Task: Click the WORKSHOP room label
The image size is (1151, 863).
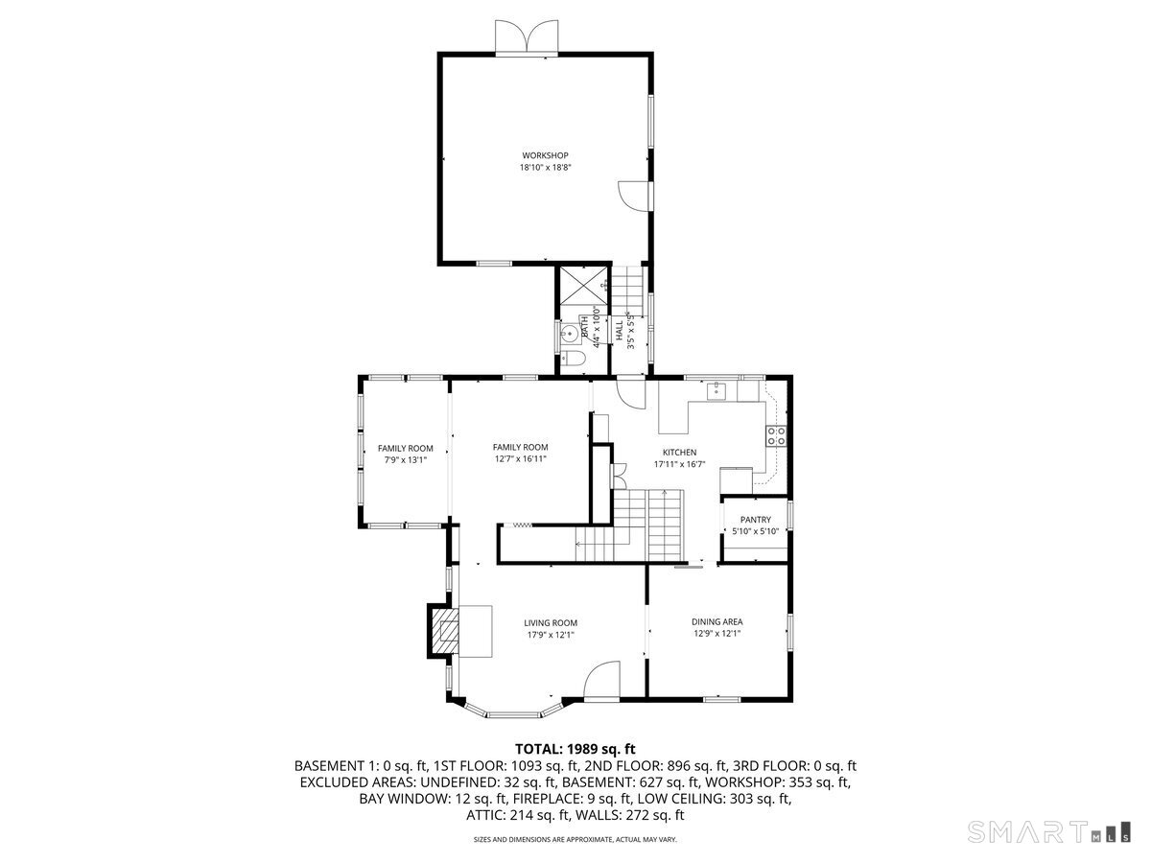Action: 546,155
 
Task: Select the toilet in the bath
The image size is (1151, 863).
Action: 573,359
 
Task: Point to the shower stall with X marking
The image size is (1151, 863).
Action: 582,284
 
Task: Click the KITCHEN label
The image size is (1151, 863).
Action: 679,453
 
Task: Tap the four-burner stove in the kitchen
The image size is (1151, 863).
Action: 776,436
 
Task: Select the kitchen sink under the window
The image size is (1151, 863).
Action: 716,390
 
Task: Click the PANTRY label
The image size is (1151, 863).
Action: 755,520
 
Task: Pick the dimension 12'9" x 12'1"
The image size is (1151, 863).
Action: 716,633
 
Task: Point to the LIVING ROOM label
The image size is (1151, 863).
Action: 551,622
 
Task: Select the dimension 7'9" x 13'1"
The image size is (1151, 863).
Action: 405,459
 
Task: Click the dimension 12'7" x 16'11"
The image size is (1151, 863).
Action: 520,458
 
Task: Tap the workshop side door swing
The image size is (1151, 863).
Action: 633,195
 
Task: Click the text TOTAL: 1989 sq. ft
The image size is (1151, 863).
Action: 575,749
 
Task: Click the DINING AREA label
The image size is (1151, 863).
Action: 716,621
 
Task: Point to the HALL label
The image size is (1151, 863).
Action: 620,331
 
